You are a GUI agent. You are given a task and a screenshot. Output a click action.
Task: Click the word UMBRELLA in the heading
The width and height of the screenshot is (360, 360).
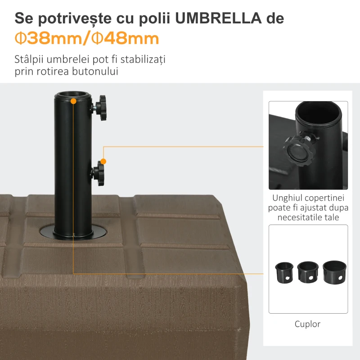218,18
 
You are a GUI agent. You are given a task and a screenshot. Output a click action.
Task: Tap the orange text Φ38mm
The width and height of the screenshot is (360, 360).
48,38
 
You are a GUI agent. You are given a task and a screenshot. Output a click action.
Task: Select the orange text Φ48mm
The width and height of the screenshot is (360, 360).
125,38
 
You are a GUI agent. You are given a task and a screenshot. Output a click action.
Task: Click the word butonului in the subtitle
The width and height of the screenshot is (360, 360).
95,71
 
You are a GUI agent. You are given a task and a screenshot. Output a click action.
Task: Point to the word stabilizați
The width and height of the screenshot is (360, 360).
143,59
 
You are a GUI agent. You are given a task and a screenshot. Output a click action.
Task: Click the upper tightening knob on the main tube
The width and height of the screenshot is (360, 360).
100,108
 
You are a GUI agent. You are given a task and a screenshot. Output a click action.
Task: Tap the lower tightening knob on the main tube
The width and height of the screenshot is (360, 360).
98,173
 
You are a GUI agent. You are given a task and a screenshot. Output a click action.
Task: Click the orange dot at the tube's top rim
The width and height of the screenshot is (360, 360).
73,101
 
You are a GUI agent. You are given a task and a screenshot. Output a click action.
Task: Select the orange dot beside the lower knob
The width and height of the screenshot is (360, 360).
103,162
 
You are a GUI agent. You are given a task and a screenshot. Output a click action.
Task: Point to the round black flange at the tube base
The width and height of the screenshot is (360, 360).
73,232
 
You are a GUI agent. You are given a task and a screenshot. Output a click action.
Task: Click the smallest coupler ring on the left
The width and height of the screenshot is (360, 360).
284,273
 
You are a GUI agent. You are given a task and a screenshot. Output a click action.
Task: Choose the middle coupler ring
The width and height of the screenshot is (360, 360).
308,272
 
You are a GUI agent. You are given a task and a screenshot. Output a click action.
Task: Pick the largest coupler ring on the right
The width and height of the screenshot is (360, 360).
334,272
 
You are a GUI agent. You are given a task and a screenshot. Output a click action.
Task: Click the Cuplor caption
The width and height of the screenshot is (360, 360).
307,324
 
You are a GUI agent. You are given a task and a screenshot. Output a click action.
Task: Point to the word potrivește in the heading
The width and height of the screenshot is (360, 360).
75,18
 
